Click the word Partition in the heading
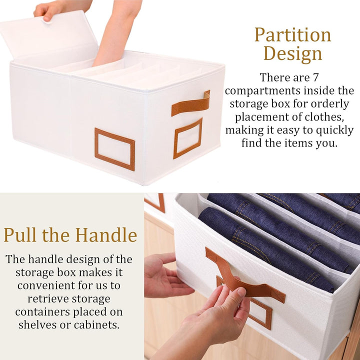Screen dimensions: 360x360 [x=292, y=35]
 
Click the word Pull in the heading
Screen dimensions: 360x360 [x=20, y=235]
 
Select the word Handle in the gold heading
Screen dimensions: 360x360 [x=107, y=235]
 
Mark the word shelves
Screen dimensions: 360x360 [x=37, y=324]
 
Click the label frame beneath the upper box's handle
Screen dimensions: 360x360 [x=188, y=138]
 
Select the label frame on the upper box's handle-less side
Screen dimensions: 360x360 [x=114, y=149]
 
